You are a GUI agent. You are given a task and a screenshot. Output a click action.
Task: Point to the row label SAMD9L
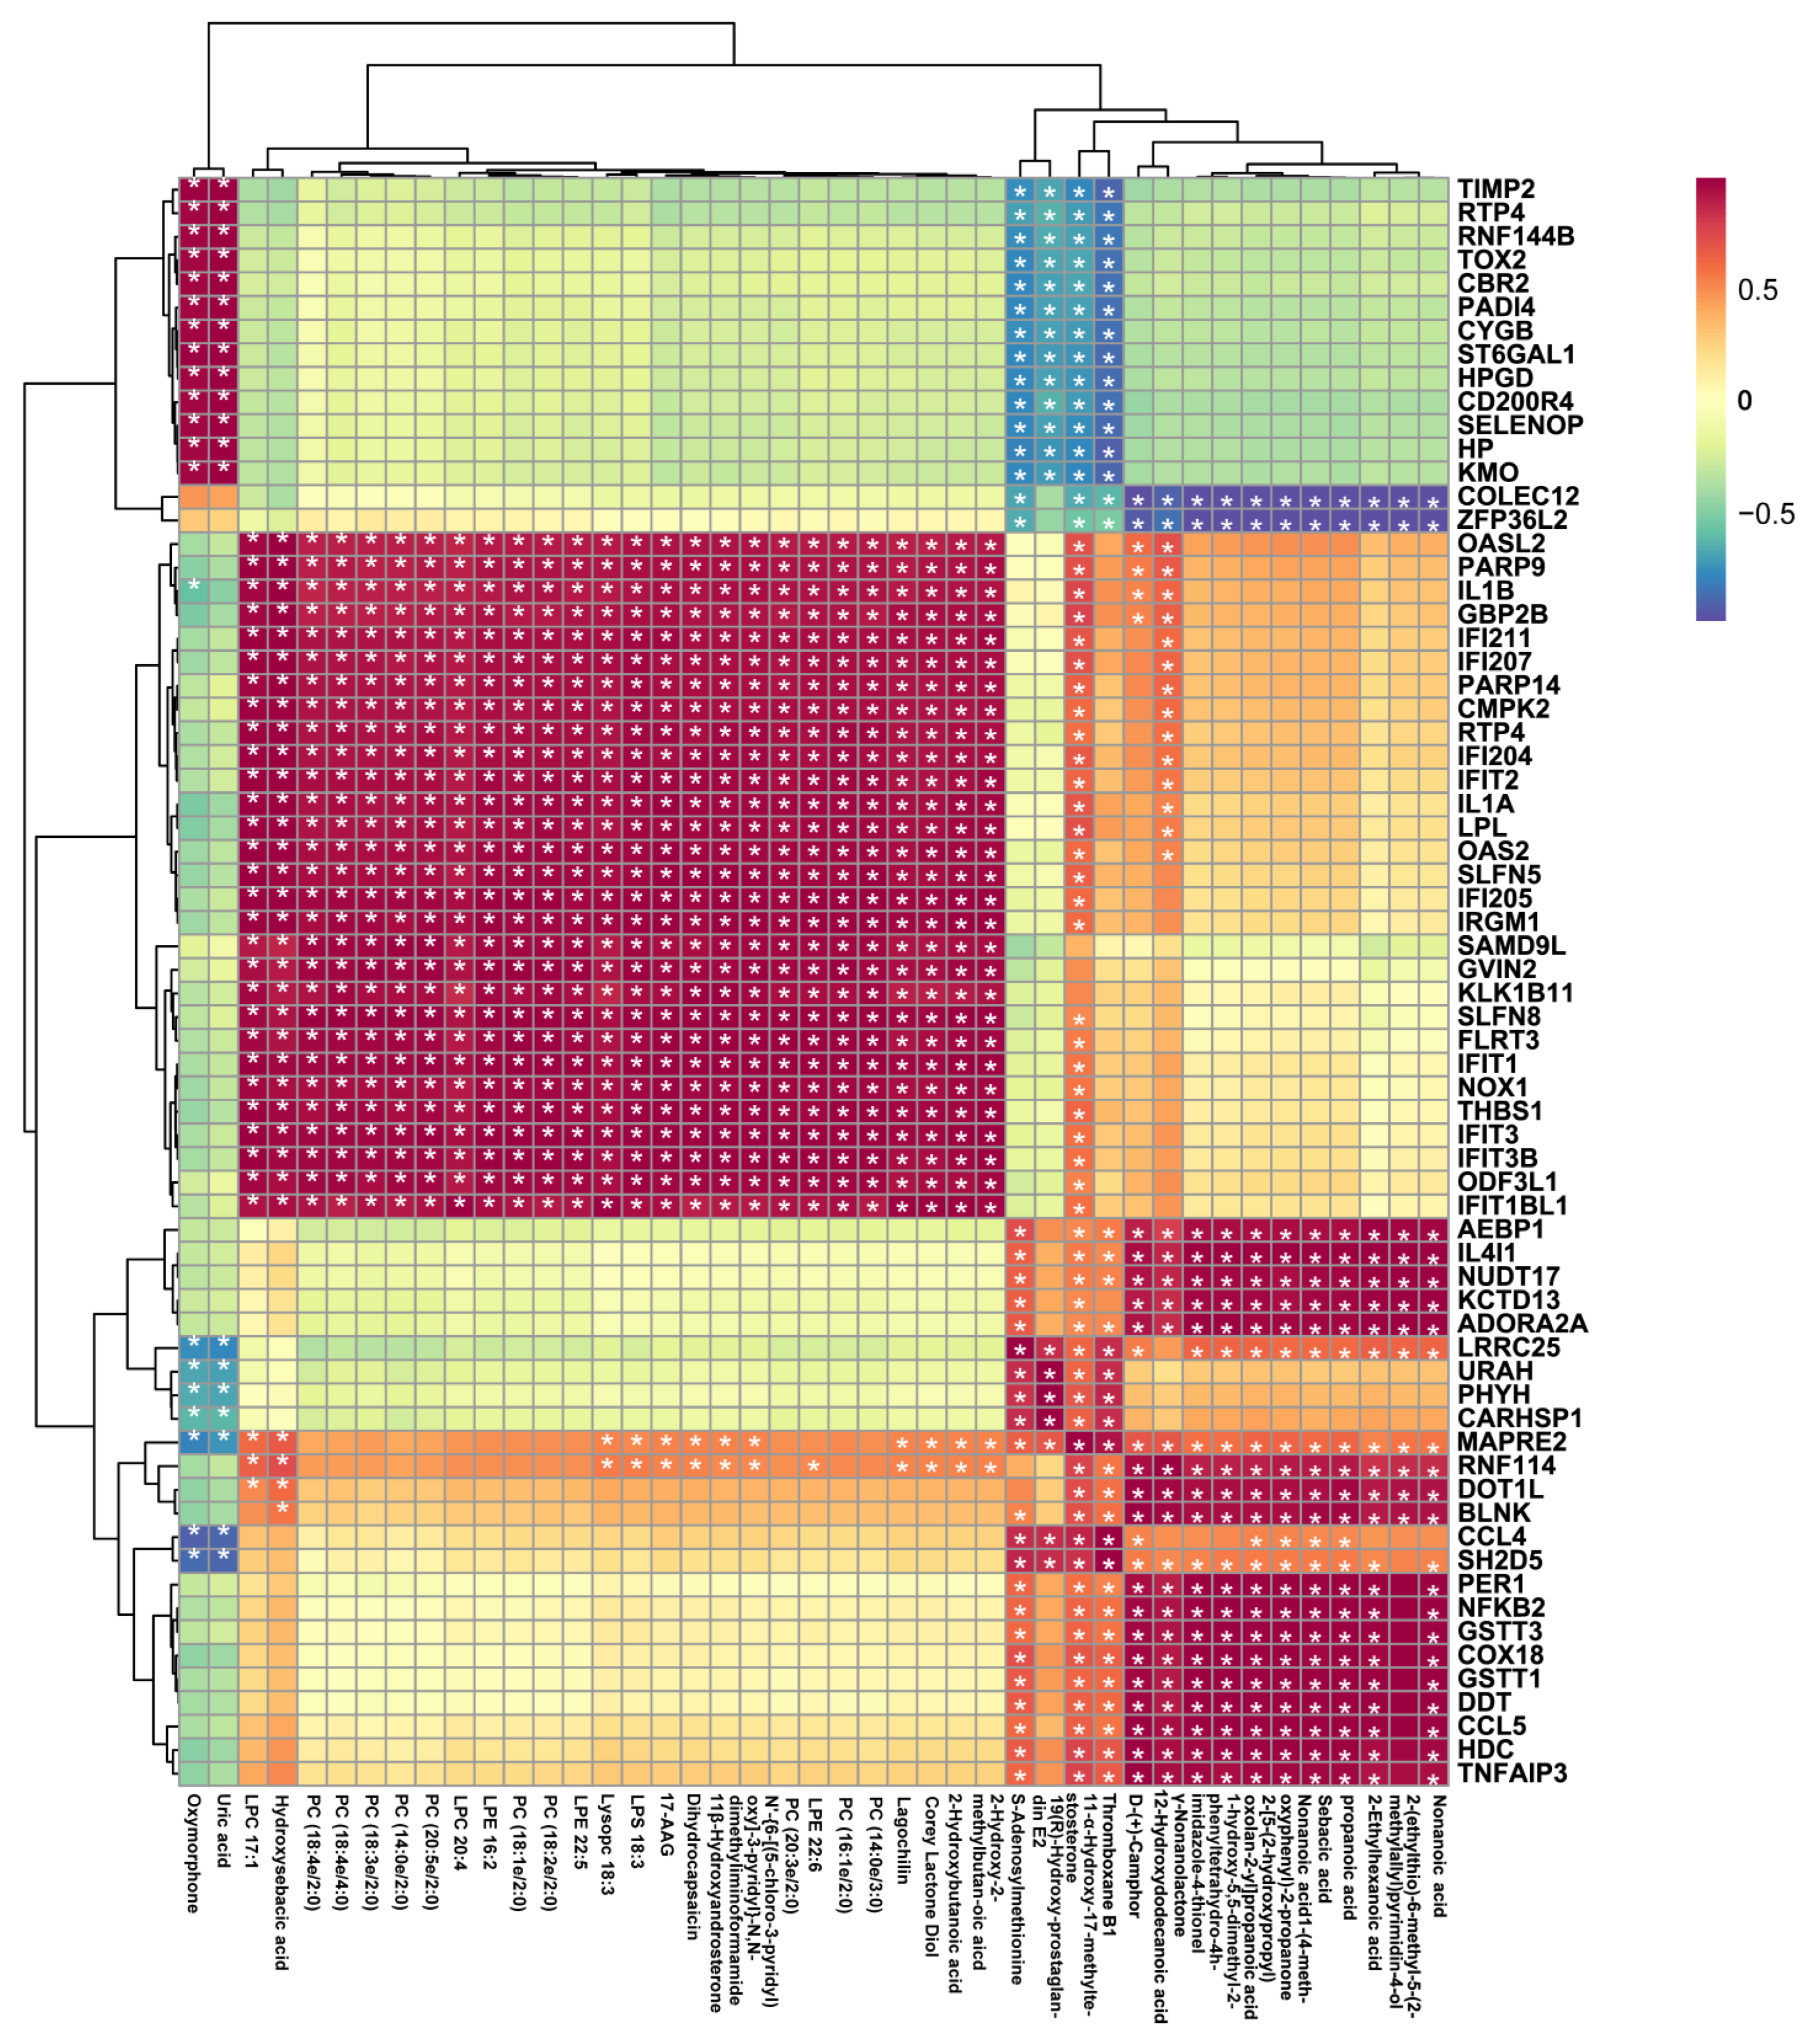1510,945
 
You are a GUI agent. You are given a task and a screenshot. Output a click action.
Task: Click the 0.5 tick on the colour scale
1757,291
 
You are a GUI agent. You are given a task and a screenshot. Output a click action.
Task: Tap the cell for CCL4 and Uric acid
224,1536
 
